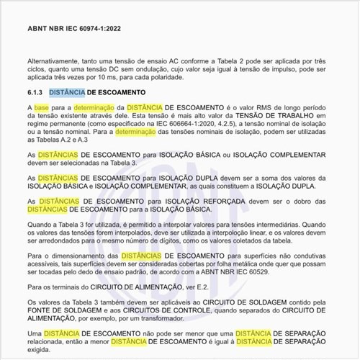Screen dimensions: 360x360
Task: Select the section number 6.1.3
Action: pos(35,93)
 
